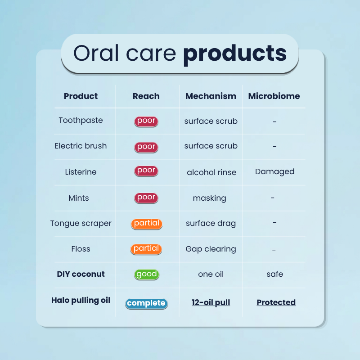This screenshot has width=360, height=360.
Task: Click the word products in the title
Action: [x=234, y=54]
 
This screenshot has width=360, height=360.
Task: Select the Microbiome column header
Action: [x=274, y=96]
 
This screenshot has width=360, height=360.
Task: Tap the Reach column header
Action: [x=146, y=96]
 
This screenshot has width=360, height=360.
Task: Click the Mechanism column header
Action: [x=211, y=96]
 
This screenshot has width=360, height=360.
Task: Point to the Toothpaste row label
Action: [x=81, y=120]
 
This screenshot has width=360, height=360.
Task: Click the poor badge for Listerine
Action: [x=146, y=171]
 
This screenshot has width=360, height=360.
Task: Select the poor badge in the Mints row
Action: [x=146, y=198]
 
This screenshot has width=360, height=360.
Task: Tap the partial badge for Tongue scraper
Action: [x=147, y=224]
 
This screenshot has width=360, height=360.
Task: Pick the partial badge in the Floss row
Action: [x=146, y=249]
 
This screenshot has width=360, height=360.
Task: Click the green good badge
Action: [x=147, y=274]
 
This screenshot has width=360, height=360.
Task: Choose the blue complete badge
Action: [x=147, y=303]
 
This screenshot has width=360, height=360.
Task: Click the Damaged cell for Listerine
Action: [x=274, y=172]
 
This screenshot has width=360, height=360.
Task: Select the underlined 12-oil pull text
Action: [x=211, y=302]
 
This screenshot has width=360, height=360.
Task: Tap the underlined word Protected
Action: [x=276, y=302]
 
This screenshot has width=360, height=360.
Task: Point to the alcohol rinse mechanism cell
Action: [x=211, y=172]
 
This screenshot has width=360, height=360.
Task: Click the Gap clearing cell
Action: [x=211, y=249]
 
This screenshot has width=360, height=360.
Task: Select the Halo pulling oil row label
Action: [x=81, y=300]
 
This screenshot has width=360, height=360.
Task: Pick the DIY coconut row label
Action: [x=81, y=274]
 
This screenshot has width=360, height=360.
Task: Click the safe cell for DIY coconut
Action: [x=274, y=274]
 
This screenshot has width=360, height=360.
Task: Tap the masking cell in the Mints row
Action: [x=209, y=198]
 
